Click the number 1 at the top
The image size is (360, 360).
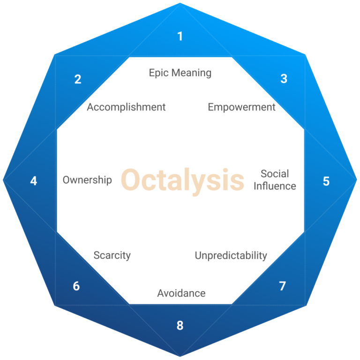180,36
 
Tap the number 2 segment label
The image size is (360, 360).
78,79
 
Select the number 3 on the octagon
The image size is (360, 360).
284,79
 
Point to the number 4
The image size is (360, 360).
34,180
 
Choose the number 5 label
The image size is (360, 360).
326,181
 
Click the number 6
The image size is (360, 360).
76,286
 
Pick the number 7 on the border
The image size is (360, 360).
282,286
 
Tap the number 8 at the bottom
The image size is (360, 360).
180,325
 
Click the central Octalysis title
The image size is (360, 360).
183,180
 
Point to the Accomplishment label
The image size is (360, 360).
126,107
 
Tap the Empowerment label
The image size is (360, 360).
241,107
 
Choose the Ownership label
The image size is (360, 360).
87,180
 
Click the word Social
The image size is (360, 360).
275,174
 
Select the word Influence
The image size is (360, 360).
275,186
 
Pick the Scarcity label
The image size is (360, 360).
112,255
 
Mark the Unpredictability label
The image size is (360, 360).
231,256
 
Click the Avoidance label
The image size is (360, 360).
181,293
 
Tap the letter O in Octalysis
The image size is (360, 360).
132,180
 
